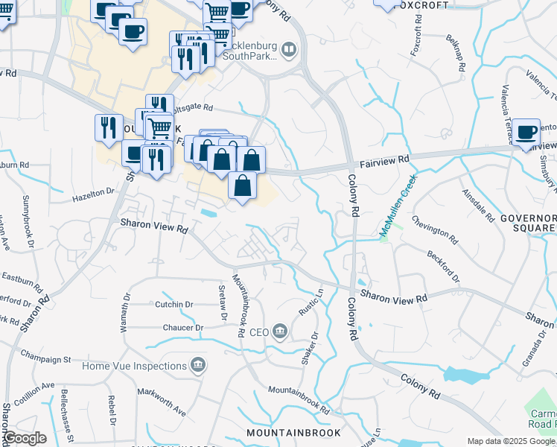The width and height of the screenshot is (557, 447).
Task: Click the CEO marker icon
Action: tap(280, 331)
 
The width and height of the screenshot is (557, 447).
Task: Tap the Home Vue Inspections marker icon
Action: tap(198, 365)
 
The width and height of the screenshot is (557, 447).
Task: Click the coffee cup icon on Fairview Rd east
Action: tap(526, 132)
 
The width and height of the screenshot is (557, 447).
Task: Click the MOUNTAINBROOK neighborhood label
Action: tap(293, 432)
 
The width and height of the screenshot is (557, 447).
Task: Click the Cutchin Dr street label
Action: tap(174, 304)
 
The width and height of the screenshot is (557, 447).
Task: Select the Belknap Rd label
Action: tap(456, 52)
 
